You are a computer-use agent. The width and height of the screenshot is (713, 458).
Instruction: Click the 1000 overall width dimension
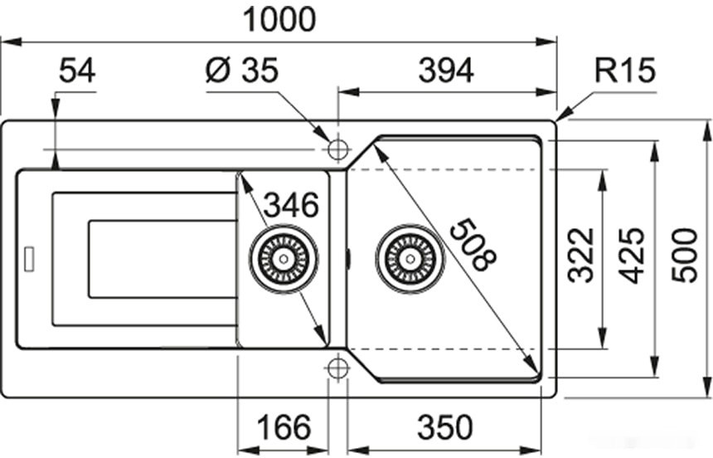point(279,18)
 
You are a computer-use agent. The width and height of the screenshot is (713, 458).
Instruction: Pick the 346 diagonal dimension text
point(291,203)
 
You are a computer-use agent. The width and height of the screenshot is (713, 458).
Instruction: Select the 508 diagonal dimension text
point(470,245)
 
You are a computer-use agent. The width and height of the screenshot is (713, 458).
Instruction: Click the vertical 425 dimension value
point(633,255)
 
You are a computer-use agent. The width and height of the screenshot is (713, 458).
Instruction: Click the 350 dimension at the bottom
point(444,428)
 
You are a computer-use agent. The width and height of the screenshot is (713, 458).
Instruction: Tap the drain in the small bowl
point(284,258)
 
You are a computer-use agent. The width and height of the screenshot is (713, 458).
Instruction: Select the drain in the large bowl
point(410,258)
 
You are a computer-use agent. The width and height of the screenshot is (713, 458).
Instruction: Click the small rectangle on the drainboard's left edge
point(30,258)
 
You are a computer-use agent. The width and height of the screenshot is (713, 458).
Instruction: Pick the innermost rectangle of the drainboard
point(162,259)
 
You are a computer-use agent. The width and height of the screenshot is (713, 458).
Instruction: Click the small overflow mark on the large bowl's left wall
point(348,259)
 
